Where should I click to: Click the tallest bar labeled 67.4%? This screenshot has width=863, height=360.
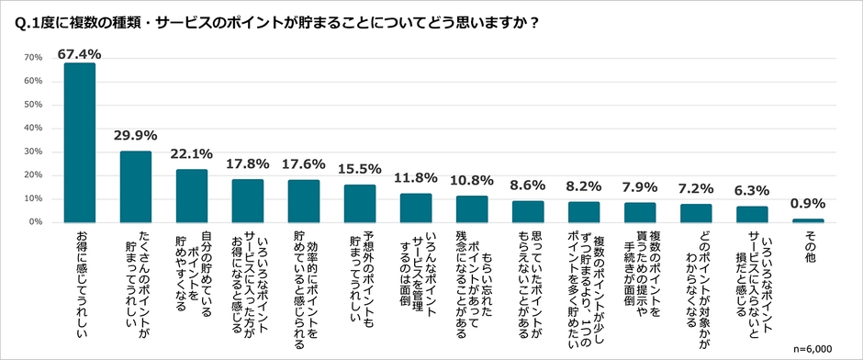click(x=80, y=142)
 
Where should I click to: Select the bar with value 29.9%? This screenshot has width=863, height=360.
click(x=136, y=186)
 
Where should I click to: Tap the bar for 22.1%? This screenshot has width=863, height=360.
click(x=192, y=196)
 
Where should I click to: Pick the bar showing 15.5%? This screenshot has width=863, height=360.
click(x=360, y=203)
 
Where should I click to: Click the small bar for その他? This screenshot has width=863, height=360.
click(x=809, y=220)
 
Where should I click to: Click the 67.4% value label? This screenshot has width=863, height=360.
click(x=80, y=54)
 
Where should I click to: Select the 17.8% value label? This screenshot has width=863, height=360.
click(x=248, y=163)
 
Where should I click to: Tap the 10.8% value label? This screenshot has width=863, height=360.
click(x=472, y=181)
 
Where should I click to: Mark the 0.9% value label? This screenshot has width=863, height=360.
click(x=809, y=204)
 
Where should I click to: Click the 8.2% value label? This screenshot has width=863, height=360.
click(x=584, y=186)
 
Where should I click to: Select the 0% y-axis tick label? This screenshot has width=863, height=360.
click(x=35, y=222)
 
